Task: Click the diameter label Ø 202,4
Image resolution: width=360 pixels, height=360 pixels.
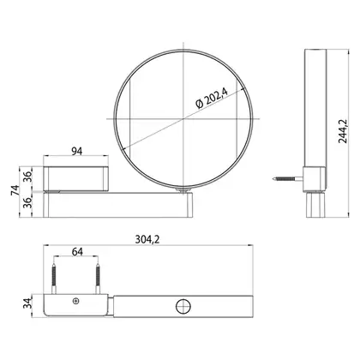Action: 212,98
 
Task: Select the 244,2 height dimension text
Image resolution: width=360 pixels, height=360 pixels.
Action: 342,131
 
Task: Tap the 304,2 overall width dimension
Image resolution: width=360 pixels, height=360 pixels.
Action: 147,239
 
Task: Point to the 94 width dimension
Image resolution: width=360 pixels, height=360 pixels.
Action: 76,151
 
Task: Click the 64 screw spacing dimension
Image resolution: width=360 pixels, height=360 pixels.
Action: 77,252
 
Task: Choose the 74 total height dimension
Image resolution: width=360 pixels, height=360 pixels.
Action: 15,190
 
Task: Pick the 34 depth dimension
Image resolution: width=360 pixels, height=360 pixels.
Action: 27,303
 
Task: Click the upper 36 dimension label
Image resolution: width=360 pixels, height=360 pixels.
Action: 27,175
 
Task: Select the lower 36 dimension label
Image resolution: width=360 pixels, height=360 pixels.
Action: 27,202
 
